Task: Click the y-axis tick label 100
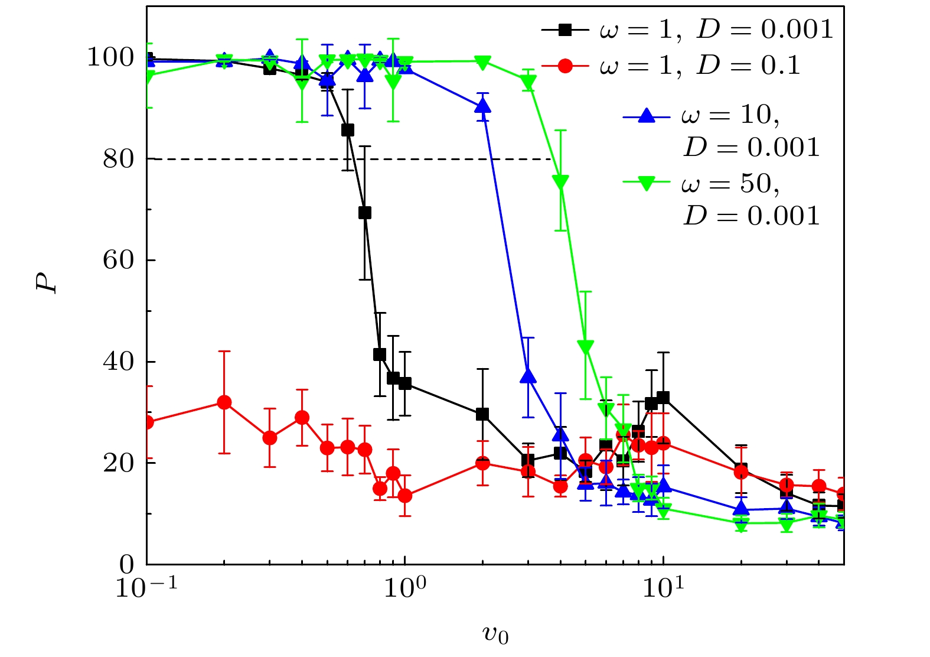110,58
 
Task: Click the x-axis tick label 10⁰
404,587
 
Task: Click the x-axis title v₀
495,635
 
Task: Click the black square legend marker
565,30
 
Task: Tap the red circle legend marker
565,66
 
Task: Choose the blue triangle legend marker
647,116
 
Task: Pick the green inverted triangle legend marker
647,184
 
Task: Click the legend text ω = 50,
730,184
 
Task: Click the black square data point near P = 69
365,213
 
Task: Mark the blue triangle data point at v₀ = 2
483,106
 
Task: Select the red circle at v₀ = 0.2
224,402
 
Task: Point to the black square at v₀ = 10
663,398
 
